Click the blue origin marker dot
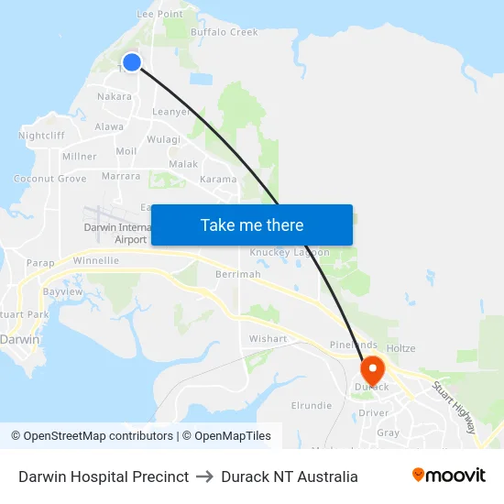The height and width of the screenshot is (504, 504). pos(132,62)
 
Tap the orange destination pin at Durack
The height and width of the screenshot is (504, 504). pos(373,370)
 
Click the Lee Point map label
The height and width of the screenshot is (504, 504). pos(159,14)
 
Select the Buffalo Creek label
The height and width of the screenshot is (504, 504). pos(225,32)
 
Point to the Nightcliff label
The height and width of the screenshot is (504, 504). pos(41,136)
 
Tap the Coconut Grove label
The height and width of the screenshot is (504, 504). pos(50,179)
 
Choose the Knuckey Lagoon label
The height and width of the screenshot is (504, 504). pos(290,252)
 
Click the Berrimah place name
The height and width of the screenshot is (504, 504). pos(238,275)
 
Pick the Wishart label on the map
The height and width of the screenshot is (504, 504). pos(268,338)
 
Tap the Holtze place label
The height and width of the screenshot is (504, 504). pos(401,348)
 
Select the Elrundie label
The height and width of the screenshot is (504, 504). pos(312,405)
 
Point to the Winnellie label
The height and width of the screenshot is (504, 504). pos(96,260)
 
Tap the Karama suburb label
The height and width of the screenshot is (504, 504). pos(218,179)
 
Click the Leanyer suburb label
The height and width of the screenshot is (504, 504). pos(171,112)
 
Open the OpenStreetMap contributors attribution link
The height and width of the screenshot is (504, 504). pos(92,436)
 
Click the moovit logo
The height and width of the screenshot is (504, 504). pos(449,476)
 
